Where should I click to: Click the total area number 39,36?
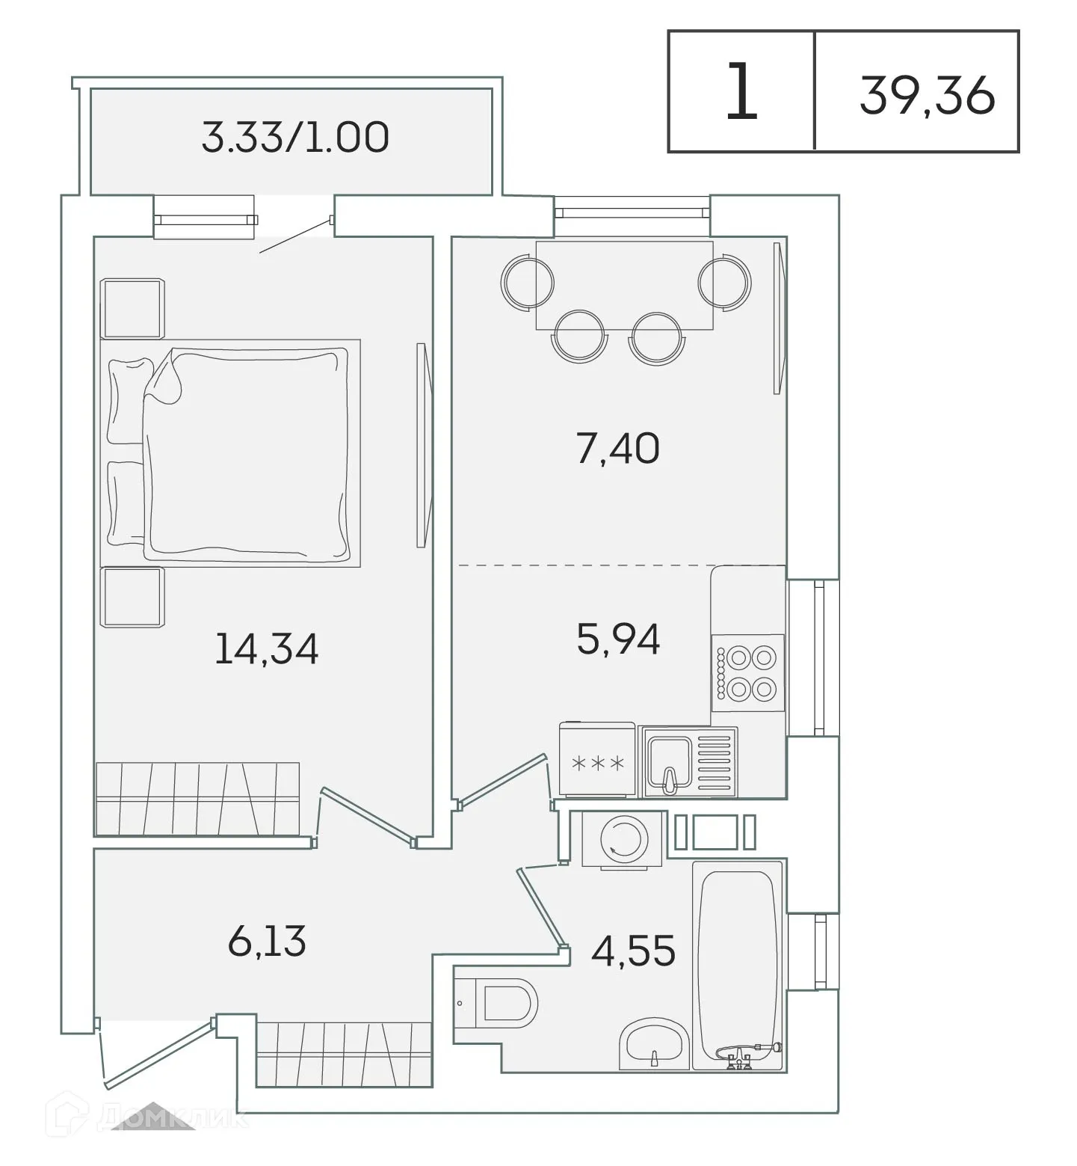pyautogui.click(x=927, y=96)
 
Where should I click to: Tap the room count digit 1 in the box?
pyautogui.click(x=741, y=93)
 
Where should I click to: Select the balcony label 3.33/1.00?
pyautogui.click(x=295, y=138)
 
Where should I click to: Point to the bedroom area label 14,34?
pyautogui.click(x=266, y=648)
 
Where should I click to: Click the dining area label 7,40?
pyautogui.click(x=618, y=449)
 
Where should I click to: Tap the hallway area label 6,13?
pyautogui.click(x=267, y=941)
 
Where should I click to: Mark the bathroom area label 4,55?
pyautogui.click(x=633, y=951)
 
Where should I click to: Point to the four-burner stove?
pyautogui.click(x=748, y=672)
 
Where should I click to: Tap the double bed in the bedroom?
pyautogui.click(x=231, y=453)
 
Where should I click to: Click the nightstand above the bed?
pyautogui.click(x=133, y=308)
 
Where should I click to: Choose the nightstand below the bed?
pyautogui.click(x=133, y=597)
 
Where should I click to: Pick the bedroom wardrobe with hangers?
pyautogui.click(x=198, y=799)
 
